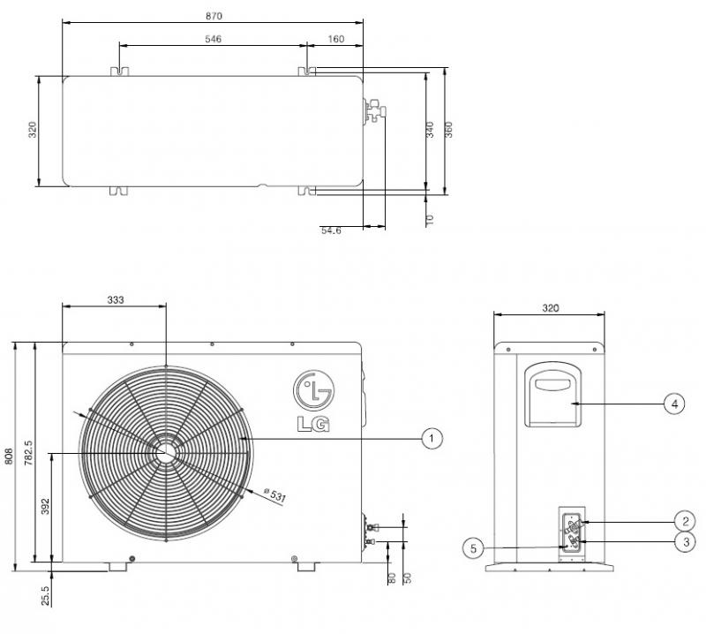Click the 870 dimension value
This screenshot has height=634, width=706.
214,16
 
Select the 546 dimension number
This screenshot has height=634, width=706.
213,39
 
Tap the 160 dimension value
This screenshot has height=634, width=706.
336,39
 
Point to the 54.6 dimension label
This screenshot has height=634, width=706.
331,230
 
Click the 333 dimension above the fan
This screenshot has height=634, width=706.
116,299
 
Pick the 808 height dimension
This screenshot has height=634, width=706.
9,456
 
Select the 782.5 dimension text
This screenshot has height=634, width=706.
28,453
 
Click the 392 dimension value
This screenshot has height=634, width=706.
45,506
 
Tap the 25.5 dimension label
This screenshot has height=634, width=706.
46,595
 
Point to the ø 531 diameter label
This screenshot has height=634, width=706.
274,494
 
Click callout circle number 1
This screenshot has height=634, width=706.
432,438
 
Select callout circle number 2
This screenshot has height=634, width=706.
686,521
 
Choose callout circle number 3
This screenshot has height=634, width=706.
686,541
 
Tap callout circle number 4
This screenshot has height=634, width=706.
674,404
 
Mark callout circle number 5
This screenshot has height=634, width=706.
473,548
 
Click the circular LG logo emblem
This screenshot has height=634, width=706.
314,390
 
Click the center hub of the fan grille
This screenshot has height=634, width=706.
166,452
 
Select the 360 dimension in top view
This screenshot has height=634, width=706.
448,130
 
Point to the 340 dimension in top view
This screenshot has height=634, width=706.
430,130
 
